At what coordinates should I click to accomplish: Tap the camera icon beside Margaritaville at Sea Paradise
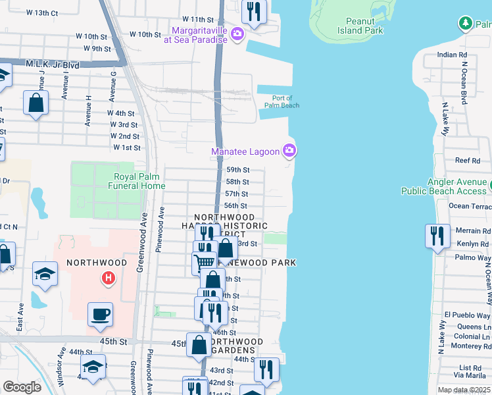(237, 34)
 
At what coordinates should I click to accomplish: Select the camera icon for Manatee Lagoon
(289, 151)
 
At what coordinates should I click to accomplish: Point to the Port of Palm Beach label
(282, 101)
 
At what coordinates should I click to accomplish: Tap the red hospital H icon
(108, 279)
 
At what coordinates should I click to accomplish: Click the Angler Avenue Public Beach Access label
(444, 186)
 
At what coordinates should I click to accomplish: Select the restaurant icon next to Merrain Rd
(437, 235)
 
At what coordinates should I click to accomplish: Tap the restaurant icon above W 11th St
(253, 10)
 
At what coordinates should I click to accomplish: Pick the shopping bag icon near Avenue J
(36, 102)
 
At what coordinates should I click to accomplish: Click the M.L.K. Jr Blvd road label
(52, 65)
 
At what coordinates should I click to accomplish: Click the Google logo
(22, 387)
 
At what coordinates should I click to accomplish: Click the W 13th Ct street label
(42, 13)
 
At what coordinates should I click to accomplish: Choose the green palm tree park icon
(466, 24)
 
